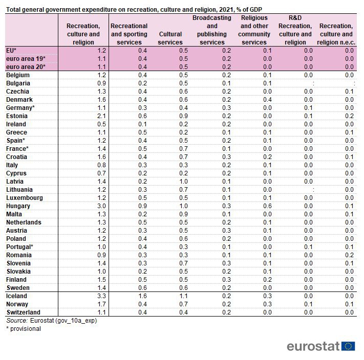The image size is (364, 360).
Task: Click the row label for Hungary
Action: pyautogui.click(x=18, y=206)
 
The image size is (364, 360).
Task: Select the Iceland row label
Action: pyautogui.click(x=16, y=296)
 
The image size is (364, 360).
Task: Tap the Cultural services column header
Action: pyautogui.click(x=170, y=38)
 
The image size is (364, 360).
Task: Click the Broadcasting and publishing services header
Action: pyautogui.click(x=212, y=30)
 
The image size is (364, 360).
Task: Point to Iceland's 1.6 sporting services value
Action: pyautogui.click(x=142, y=296)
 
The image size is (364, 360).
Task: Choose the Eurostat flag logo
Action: pyautogui.click(x=348, y=346)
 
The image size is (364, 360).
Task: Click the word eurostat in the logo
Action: pyautogui.click(x=313, y=346)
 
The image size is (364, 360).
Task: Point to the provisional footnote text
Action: pyautogui.click(x=24, y=329)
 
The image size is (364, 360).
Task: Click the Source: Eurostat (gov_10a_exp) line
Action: pyautogui.click(x=51, y=321)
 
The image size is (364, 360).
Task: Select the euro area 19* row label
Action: pyautogui.click(x=26, y=59)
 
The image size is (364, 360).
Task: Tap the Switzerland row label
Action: pyautogui.click(x=23, y=312)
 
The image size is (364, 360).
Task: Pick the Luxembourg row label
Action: pyautogui.click(x=24, y=198)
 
